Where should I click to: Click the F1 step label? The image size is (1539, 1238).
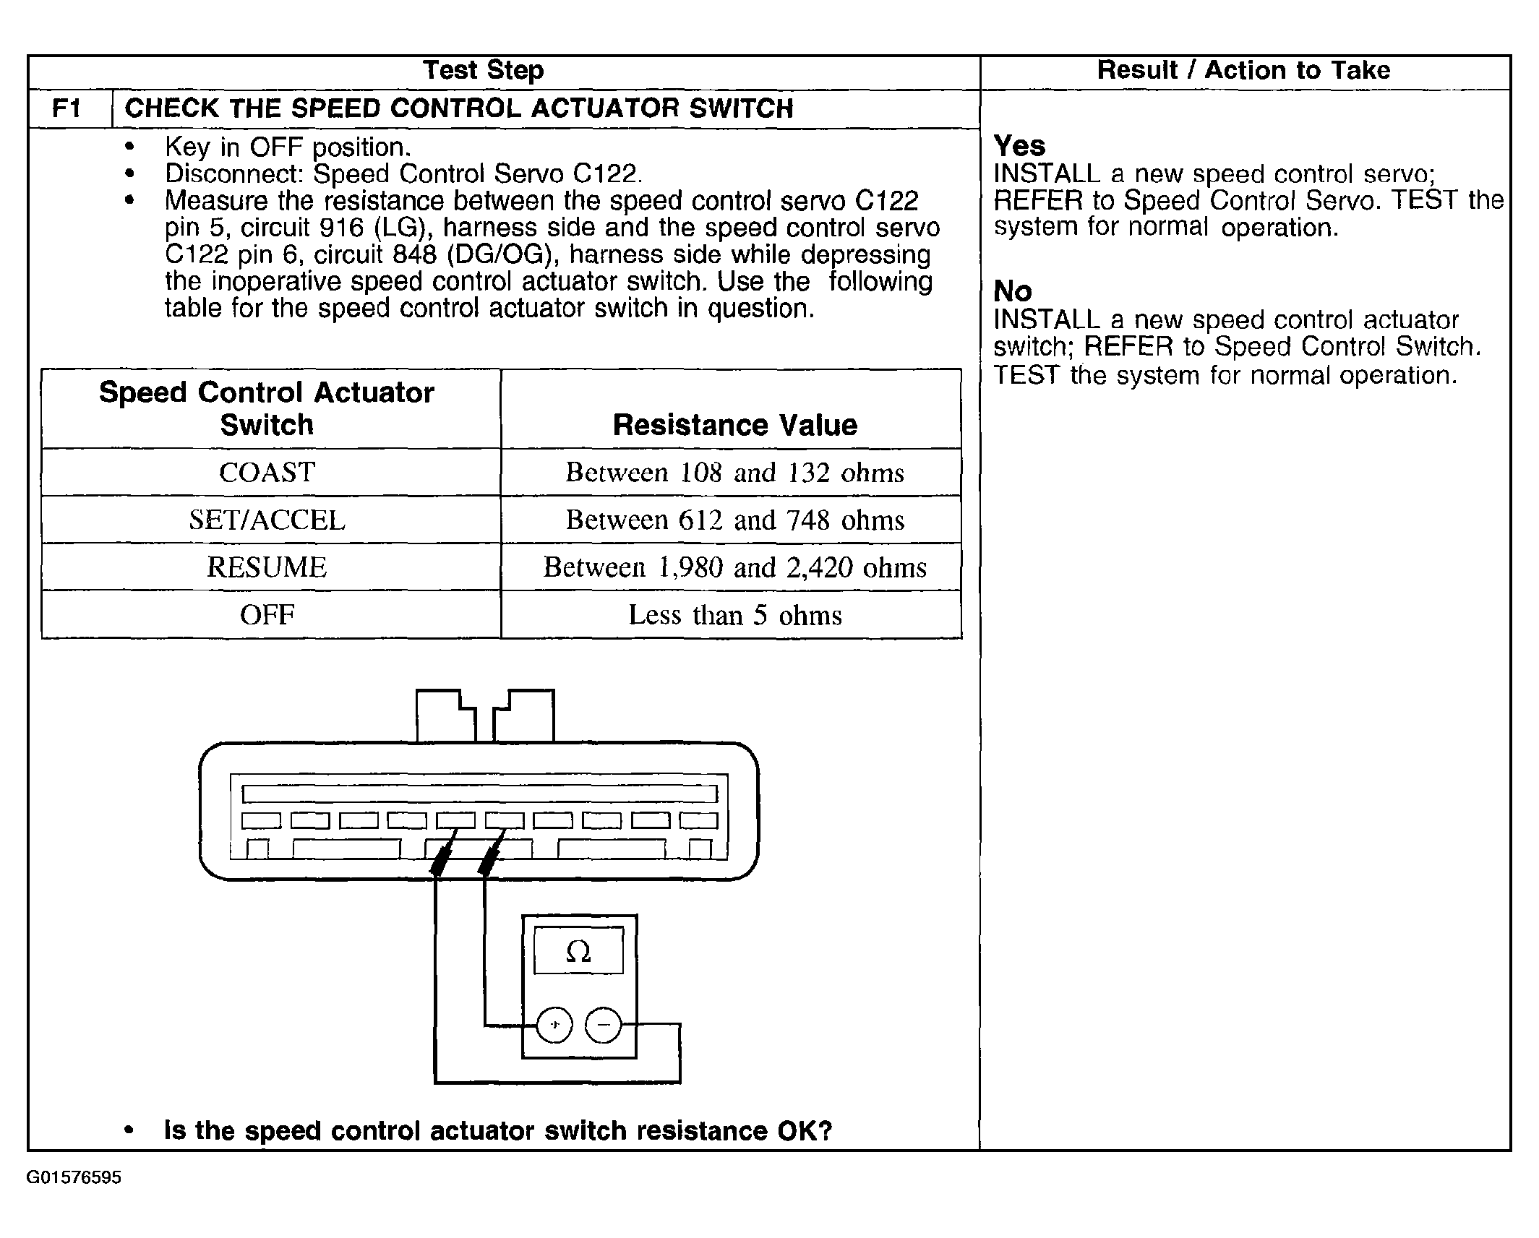click(x=67, y=109)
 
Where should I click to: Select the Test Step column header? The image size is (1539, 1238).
click(x=483, y=70)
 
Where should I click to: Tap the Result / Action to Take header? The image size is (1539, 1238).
click(x=1243, y=70)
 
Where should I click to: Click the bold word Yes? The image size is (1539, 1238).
click(x=1019, y=146)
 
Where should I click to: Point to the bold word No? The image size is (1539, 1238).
click(x=1013, y=291)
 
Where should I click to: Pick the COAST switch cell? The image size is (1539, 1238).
click(x=267, y=473)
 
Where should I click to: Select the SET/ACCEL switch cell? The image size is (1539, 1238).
click(x=267, y=520)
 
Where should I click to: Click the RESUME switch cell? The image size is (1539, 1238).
click(x=267, y=567)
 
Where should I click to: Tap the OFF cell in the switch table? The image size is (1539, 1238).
click(x=267, y=615)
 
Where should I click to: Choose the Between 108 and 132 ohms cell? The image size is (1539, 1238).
click(x=734, y=473)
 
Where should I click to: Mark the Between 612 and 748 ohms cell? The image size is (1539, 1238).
click(x=734, y=520)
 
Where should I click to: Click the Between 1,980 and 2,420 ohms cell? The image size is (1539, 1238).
click(x=734, y=567)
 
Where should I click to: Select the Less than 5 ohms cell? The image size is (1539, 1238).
click(x=734, y=615)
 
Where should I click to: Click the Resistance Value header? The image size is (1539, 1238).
click(x=734, y=425)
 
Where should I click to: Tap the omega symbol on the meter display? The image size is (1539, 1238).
click(x=578, y=951)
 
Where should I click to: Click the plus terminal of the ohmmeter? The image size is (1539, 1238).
click(x=554, y=1025)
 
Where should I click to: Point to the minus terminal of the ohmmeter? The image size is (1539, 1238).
click(x=603, y=1025)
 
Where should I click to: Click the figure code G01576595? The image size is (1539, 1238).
click(x=74, y=1178)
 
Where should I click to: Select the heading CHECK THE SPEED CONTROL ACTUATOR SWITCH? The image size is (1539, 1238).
click(x=459, y=109)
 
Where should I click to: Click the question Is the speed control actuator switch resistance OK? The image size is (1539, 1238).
click(x=498, y=1130)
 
